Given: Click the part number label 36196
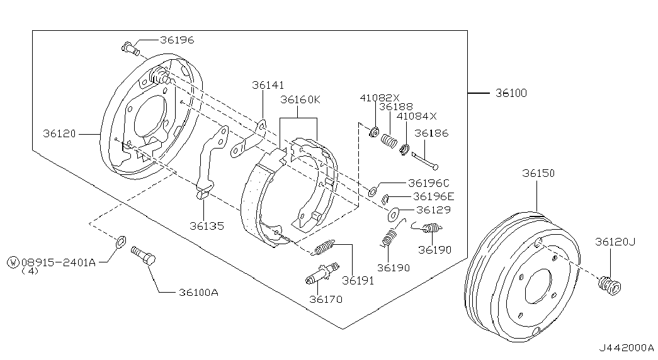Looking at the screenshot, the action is click(x=177, y=40).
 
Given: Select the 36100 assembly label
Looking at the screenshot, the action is click(x=511, y=93).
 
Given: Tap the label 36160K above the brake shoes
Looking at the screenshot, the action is click(x=300, y=99).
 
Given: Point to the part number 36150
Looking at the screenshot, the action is click(x=538, y=173).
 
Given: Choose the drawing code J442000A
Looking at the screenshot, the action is click(x=626, y=348).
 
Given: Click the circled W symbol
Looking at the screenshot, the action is click(x=13, y=262).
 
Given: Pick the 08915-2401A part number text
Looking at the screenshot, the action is click(x=59, y=262).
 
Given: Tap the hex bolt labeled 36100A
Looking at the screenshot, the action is click(x=144, y=255).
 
